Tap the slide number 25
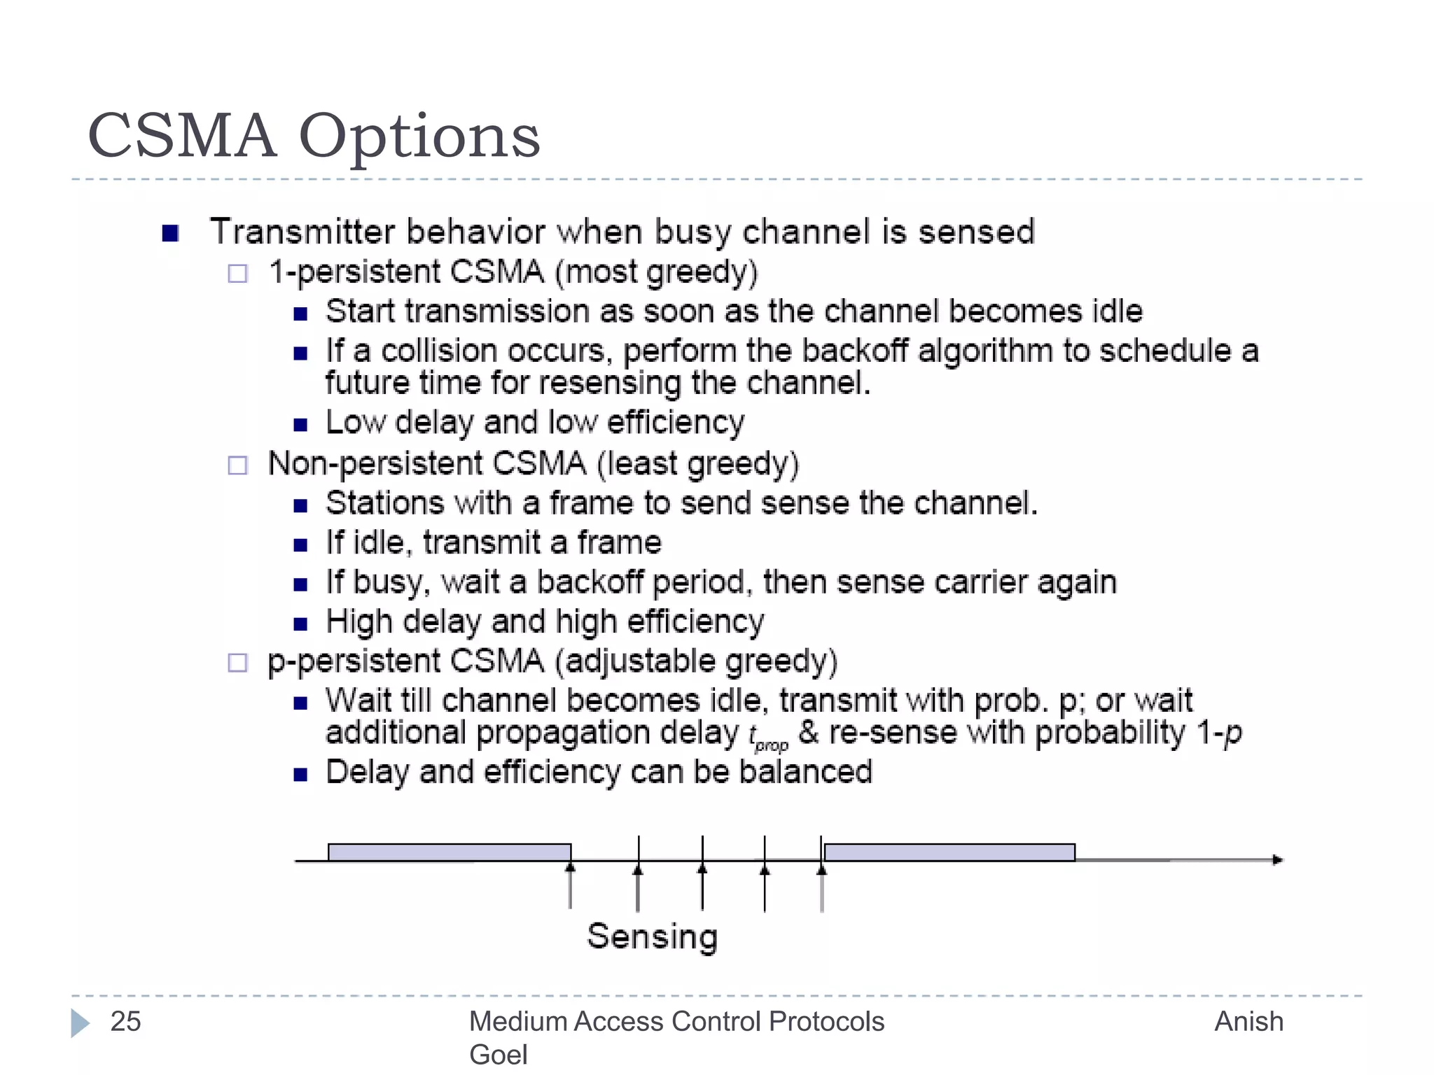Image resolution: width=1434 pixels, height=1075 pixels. point(125,1022)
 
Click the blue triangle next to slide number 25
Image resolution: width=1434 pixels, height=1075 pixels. point(80,1023)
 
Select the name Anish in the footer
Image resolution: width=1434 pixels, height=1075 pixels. point(1248,1022)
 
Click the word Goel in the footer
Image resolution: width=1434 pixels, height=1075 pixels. point(498,1055)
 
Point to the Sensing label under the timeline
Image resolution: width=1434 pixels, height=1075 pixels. point(652,937)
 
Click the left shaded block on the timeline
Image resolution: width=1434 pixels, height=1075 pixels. point(450,852)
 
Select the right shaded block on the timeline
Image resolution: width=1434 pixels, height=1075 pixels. point(949,852)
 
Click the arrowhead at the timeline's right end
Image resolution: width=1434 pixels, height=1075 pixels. point(1277,859)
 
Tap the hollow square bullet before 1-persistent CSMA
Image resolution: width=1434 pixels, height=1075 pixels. point(238,273)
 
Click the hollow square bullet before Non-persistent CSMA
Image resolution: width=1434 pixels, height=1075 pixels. point(238,465)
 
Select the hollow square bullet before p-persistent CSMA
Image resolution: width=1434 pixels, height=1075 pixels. point(238,663)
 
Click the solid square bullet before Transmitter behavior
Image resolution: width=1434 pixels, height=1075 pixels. point(170,233)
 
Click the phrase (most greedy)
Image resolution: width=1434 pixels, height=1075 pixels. point(656,273)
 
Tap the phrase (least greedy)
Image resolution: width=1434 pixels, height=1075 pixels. point(697,465)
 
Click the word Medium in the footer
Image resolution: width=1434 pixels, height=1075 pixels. point(517,1022)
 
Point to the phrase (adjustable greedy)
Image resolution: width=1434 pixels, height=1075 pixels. point(696,662)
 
